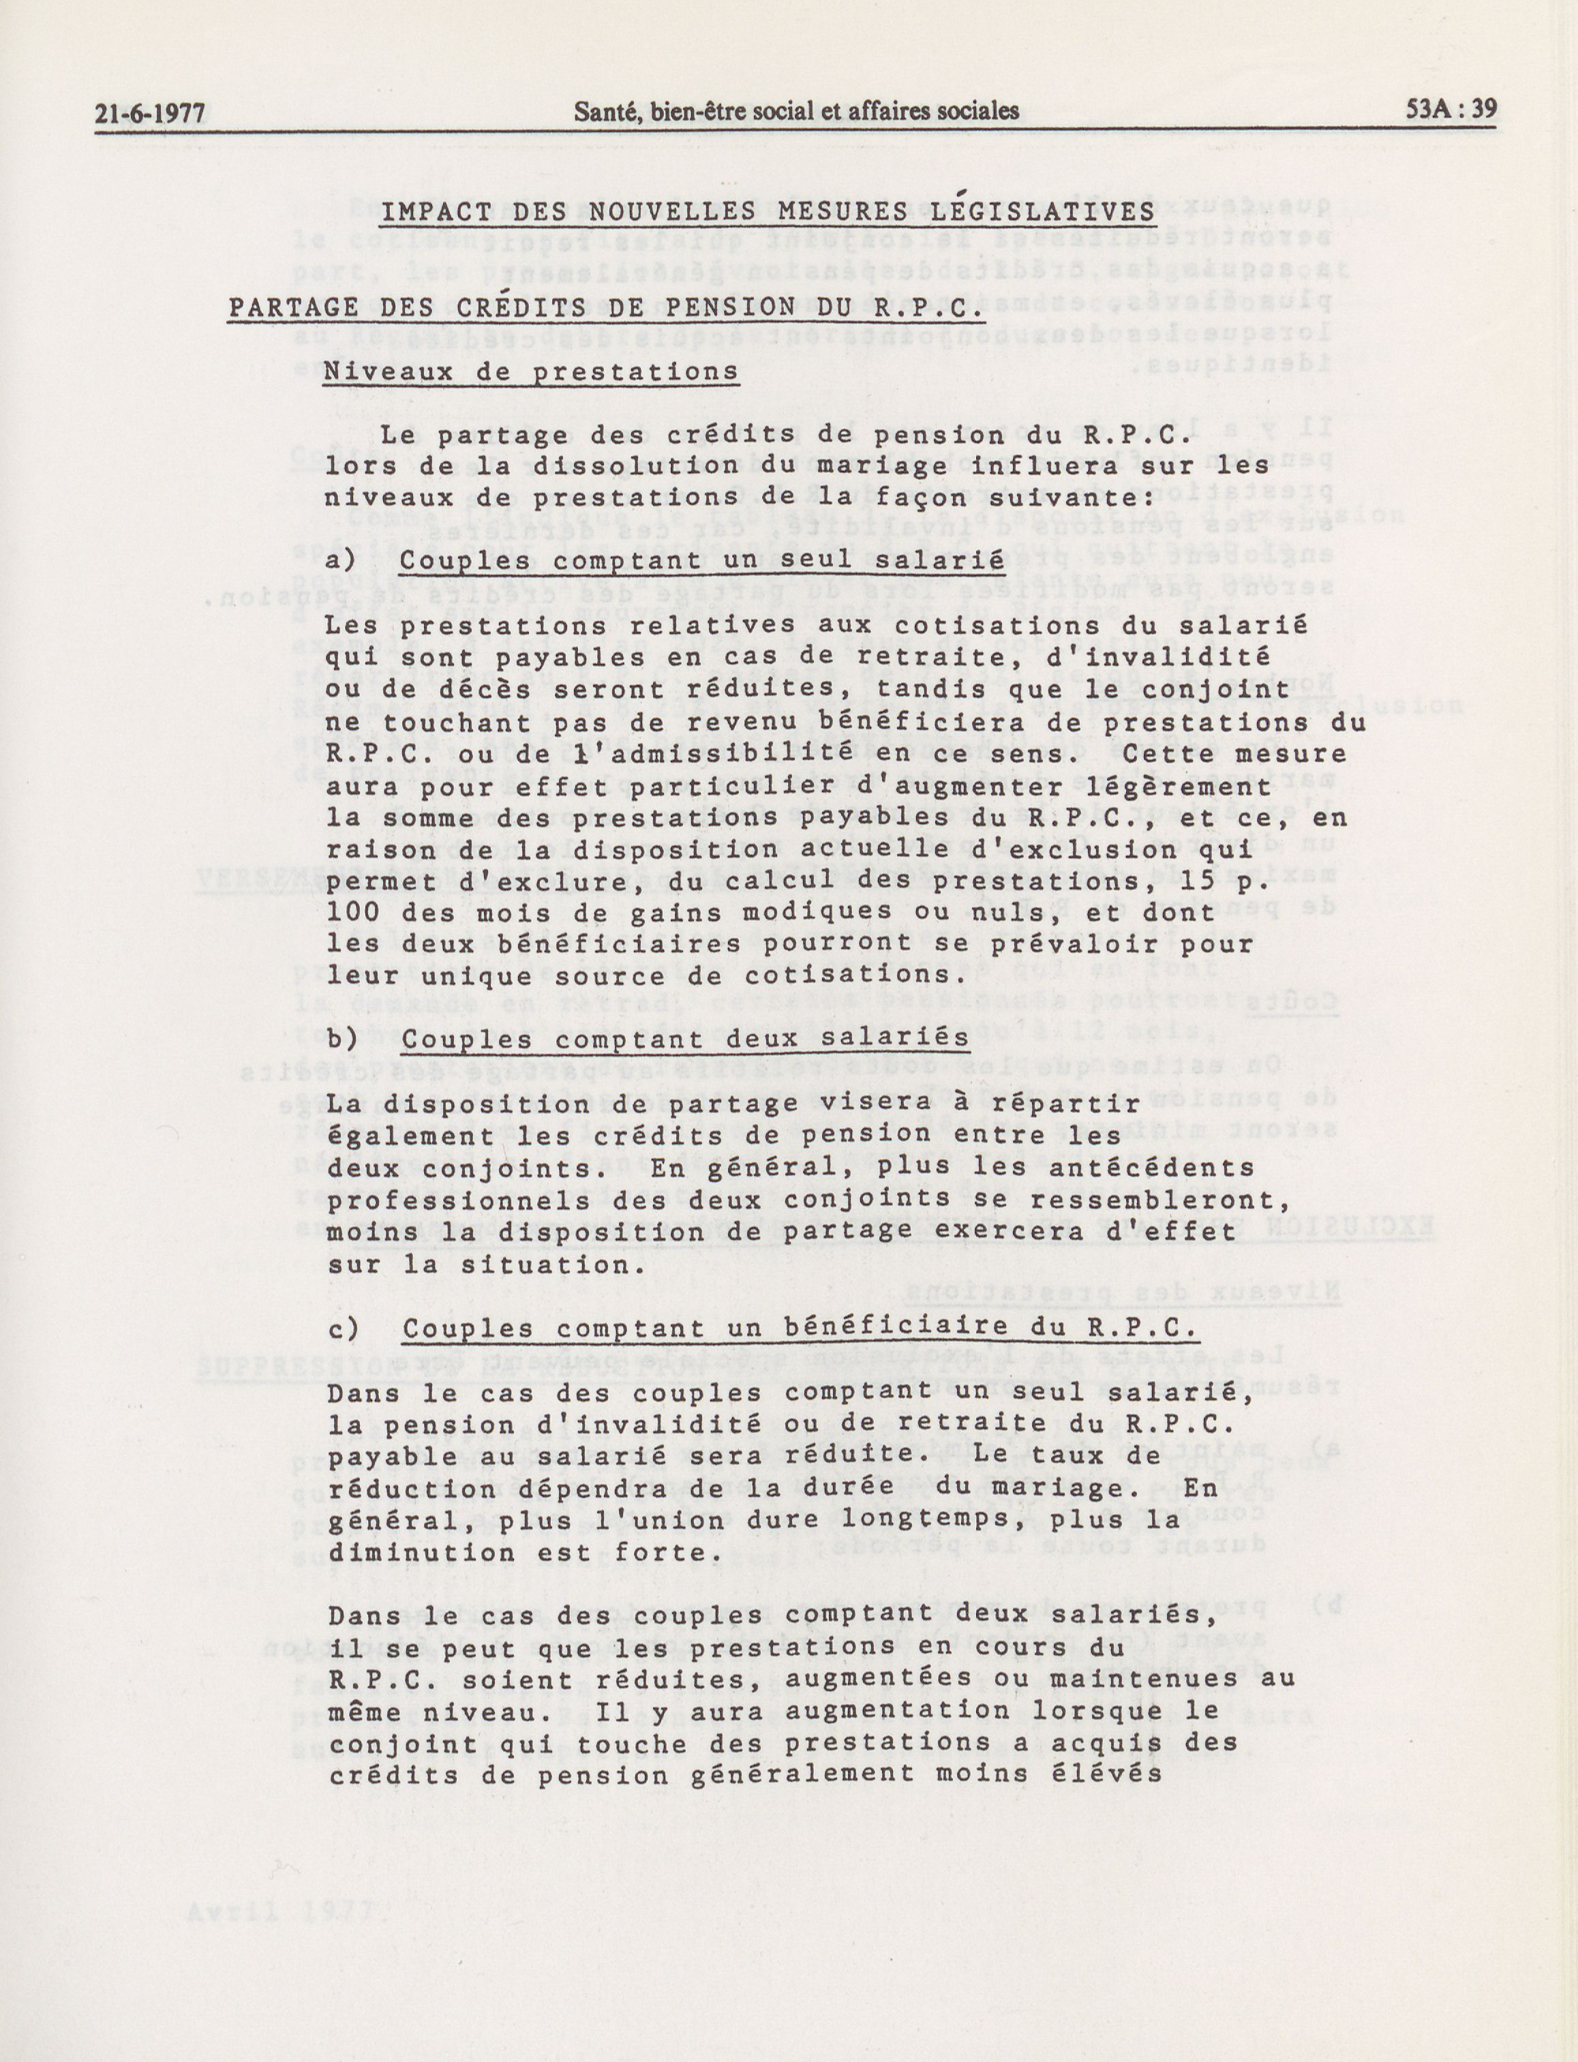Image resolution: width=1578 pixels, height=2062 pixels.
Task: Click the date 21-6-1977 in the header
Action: [149, 112]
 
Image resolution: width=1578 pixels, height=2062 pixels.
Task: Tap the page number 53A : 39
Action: [1451, 110]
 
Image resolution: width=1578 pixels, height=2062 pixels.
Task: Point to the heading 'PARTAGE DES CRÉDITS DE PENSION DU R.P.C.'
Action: [606, 308]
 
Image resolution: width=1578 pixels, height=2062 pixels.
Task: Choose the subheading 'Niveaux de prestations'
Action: [531, 372]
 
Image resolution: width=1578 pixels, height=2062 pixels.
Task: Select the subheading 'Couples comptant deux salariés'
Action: [686, 1038]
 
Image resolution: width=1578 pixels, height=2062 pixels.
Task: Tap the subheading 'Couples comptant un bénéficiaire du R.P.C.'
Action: [800, 1329]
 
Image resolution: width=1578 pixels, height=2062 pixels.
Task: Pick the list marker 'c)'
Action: [343, 1329]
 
